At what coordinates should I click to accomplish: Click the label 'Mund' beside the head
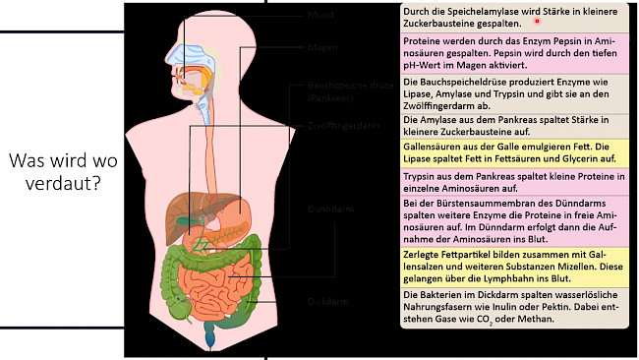(320, 16)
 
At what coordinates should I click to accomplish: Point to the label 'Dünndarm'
(329, 210)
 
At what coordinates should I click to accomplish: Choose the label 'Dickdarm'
(328, 302)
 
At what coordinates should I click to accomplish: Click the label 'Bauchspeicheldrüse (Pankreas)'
(337, 92)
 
